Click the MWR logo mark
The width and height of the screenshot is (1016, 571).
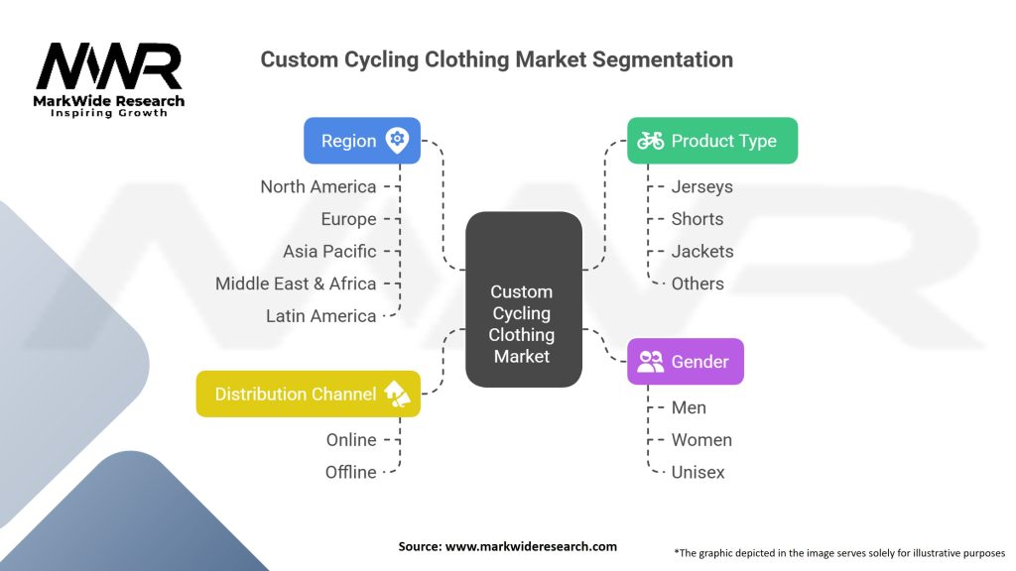pyautogui.click(x=109, y=67)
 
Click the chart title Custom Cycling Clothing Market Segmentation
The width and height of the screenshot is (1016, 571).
pyautogui.click(x=496, y=59)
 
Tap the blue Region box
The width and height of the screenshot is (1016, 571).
pyautogui.click(x=362, y=141)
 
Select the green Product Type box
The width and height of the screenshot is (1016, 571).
pyautogui.click(x=711, y=141)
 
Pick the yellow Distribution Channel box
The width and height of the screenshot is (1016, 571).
pyautogui.click(x=309, y=394)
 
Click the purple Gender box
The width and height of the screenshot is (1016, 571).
pyautogui.click(x=685, y=362)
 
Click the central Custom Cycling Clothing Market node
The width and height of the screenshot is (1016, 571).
pyautogui.click(x=523, y=299)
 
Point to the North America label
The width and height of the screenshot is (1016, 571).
pyautogui.click(x=318, y=186)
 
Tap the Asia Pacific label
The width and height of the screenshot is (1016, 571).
pyautogui.click(x=329, y=251)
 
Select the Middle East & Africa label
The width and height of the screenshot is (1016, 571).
pyautogui.click(x=296, y=284)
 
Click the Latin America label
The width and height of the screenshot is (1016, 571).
pyautogui.click(x=321, y=316)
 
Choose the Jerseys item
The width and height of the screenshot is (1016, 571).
pyautogui.click(x=702, y=186)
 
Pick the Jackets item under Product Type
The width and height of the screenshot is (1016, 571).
pyautogui.click(x=702, y=251)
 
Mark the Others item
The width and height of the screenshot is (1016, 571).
pyautogui.click(x=698, y=284)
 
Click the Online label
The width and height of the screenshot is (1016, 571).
pyautogui.click(x=351, y=440)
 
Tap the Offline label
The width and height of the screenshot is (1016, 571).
pyautogui.click(x=351, y=472)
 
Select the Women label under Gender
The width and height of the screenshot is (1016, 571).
pyautogui.click(x=701, y=440)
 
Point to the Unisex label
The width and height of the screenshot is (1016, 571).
pyautogui.click(x=698, y=472)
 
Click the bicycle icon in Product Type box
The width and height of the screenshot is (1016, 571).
pyautogui.click(x=651, y=141)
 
